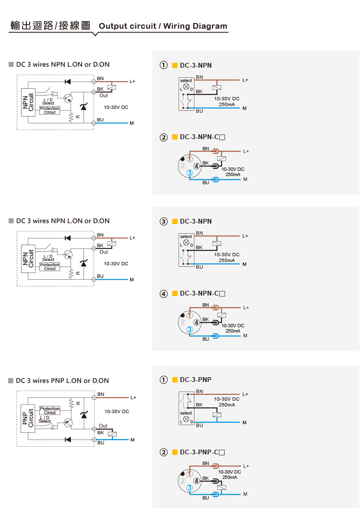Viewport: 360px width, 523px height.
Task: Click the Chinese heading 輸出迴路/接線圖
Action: pos(50,25)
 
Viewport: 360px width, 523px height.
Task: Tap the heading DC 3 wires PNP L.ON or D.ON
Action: pos(62,380)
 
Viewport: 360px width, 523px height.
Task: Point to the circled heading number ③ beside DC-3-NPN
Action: pos(164,221)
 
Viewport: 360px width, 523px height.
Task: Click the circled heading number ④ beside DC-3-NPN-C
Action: pos(164,293)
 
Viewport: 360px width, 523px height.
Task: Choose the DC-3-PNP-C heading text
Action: pos(202,452)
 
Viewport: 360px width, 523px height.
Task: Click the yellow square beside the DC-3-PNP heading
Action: pos(175,380)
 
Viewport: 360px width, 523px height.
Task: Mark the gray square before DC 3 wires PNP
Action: pos(11,380)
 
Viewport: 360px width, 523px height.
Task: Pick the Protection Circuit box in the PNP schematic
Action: pos(50,410)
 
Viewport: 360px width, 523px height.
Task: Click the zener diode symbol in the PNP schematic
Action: pos(84,414)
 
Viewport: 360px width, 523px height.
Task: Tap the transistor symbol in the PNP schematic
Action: pos(68,423)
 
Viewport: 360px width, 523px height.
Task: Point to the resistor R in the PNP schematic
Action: pos(72,402)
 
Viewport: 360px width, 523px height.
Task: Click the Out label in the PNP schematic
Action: pos(103,426)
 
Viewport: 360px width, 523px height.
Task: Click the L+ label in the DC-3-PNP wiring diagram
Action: pos(245,394)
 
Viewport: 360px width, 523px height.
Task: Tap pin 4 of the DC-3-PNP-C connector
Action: pos(196,481)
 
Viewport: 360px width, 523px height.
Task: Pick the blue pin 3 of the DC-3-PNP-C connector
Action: pos(190,487)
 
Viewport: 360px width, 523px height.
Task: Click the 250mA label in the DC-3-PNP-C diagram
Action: pos(229,477)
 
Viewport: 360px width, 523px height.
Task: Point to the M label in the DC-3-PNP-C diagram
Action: pos(245,494)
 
